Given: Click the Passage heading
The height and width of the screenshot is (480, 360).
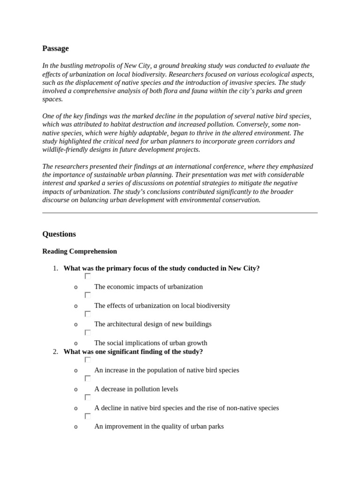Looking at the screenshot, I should [x=55, y=48].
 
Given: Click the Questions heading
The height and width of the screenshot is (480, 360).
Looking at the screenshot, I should [x=59, y=234].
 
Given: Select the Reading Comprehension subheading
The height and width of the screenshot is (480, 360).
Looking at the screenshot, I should [x=80, y=251].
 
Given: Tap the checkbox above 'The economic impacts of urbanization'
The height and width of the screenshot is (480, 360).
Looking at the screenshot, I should [x=88, y=277].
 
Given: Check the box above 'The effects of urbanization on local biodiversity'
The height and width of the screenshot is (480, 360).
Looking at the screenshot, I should [x=88, y=295].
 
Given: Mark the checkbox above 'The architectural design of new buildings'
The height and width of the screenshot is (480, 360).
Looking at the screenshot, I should [x=88, y=314].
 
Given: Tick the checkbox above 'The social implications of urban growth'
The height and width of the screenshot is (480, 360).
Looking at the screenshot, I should [x=88, y=332].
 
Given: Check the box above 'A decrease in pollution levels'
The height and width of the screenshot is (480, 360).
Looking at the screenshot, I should [x=88, y=378].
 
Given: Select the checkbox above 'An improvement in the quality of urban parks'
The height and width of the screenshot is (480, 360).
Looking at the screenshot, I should [x=88, y=416].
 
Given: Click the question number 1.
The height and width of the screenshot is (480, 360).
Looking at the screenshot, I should [x=55, y=269].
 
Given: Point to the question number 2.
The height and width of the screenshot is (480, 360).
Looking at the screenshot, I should [x=55, y=352].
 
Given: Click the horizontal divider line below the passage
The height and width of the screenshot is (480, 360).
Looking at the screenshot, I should [x=180, y=213].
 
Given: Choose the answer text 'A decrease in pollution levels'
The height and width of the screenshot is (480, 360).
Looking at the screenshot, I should [x=136, y=389].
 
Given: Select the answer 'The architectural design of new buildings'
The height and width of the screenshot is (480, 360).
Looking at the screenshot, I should [x=153, y=324].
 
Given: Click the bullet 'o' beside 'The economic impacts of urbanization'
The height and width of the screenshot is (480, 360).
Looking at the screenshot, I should [x=76, y=287].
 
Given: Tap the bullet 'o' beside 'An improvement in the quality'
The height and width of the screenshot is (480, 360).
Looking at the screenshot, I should [x=76, y=427].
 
